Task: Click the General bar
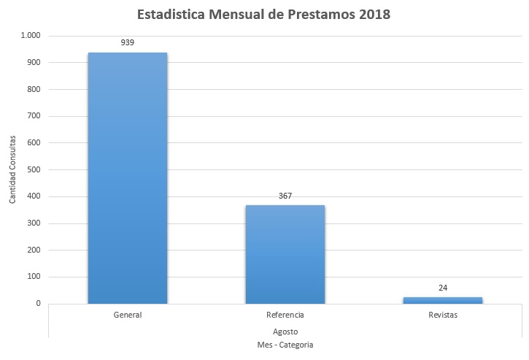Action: (x=128, y=178)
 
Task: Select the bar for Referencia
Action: (x=285, y=254)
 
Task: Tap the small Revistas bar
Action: (x=443, y=299)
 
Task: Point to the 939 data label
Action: (x=128, y=42)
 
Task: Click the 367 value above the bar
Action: (x=285, y=196)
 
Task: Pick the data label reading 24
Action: (x=443, y=288)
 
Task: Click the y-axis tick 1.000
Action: (x=31, y=36)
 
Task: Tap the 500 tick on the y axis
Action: (x=34, y=170)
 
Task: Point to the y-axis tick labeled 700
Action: (x=34, y=116)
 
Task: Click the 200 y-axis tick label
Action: (x=34, y=250)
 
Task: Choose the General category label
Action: (x=128, y=315)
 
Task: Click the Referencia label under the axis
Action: (x=285, y=315)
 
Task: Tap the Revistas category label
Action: (x=443, y=315)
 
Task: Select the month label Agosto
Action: (x=285, y=331)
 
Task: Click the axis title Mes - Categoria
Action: (x=285, y=344)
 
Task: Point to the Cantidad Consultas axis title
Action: (x=12, y=170)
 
